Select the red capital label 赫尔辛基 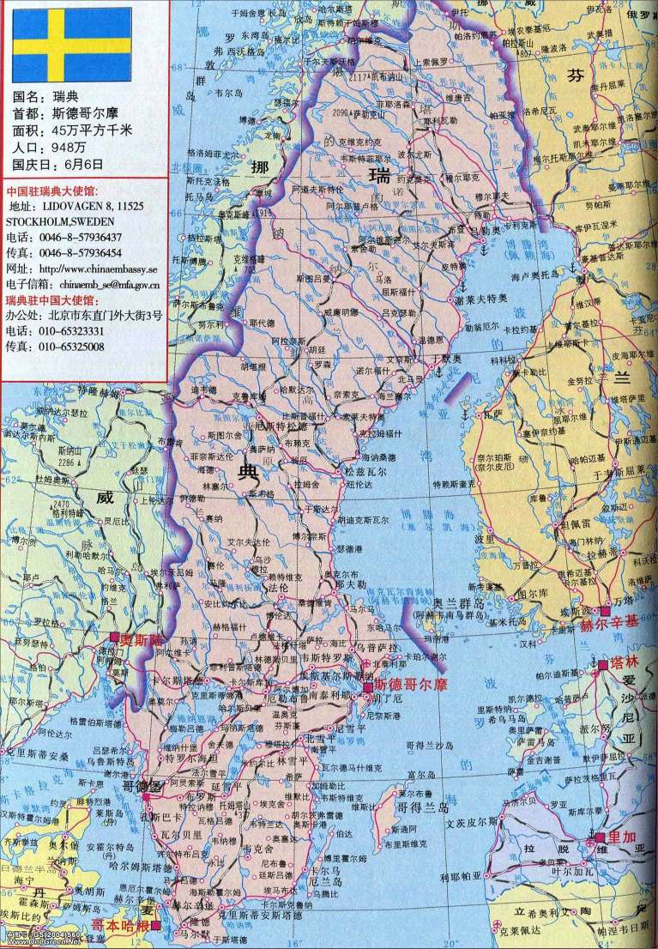pyautogui.click(x=611, y=625)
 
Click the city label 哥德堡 pyautogui.click(x=141, y=786)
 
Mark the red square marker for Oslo pyautogui.click(x=114, y=638)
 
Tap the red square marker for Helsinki pyautogui.click(x=605, y=611)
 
